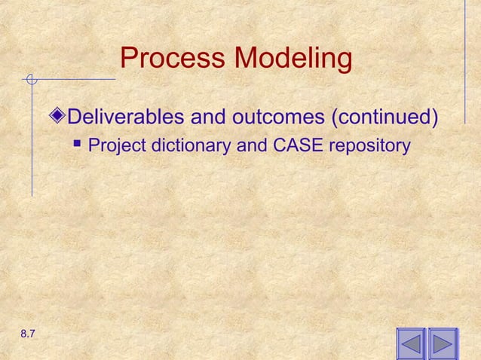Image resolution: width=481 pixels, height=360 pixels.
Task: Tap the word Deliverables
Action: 126,117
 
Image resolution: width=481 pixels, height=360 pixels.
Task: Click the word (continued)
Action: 385,117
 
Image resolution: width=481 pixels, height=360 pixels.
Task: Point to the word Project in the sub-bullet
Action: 117,145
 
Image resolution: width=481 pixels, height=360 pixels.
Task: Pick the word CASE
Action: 296,145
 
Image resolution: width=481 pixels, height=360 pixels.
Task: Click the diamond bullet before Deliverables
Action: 60,117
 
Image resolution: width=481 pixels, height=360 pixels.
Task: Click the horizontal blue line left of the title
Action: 75,78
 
